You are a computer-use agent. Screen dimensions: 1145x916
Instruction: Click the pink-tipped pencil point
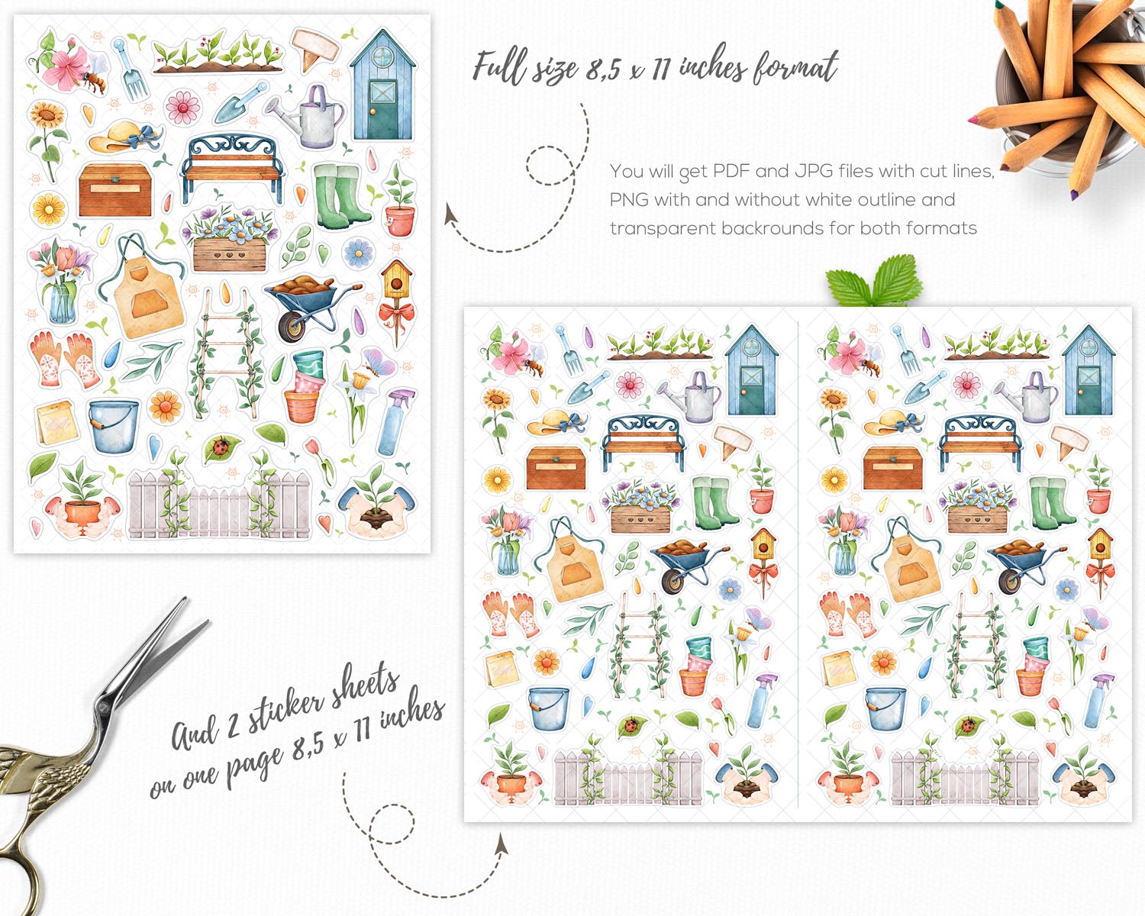point(972,121)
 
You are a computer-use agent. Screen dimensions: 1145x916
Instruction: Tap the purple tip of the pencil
point(1074,195)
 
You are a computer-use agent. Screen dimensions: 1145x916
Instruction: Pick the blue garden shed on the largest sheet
point(382,85)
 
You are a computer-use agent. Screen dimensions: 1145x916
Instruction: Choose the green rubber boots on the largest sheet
point(340,197)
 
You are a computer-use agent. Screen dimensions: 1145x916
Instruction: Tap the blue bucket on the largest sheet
point(113,427)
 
